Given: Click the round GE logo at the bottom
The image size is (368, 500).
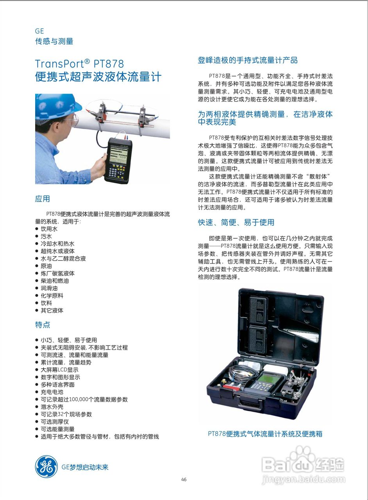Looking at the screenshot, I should coord(46,467).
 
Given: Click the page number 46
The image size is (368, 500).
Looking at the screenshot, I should coord(184,480).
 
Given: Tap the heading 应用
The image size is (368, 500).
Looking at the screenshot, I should coord(43,199).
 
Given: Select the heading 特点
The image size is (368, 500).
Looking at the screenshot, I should coord(43,325).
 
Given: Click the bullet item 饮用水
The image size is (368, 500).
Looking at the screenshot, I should coord(49,229).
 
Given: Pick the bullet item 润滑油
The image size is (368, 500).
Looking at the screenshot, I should coord(49,288).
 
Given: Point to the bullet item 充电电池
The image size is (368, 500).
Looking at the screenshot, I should coord(52,392).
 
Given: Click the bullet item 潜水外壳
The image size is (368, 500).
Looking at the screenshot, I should coord(52,407).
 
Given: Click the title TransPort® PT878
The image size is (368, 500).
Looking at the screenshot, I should coord(79,63).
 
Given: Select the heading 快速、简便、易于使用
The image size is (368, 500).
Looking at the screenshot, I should coord(236,222).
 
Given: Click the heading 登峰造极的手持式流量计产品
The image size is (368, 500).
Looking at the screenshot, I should coord(248,60).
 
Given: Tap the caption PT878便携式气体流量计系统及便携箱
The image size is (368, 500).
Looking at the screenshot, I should coord(265,434).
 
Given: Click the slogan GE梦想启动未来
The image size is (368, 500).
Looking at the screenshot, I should coord(85,467).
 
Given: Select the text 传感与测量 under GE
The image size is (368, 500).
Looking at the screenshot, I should coord(54,41).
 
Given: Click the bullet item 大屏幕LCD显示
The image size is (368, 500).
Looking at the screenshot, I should coord(59,370).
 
